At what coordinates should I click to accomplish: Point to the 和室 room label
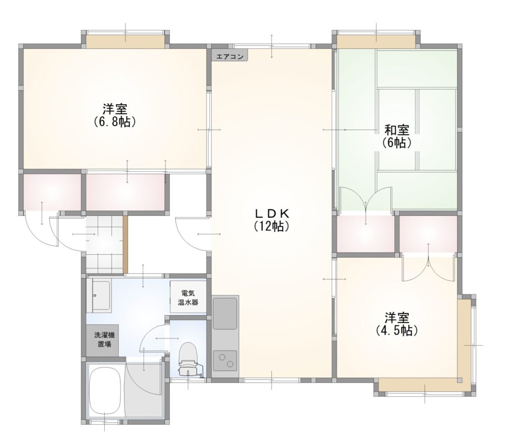point(397,130)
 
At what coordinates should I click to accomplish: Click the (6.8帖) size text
point(115,121)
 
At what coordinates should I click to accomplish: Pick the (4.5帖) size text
point(397,330)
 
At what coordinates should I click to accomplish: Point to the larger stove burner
point(222,357)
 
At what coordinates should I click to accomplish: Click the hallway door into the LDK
point(192,234)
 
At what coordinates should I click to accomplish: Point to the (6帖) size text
point(397,142)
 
